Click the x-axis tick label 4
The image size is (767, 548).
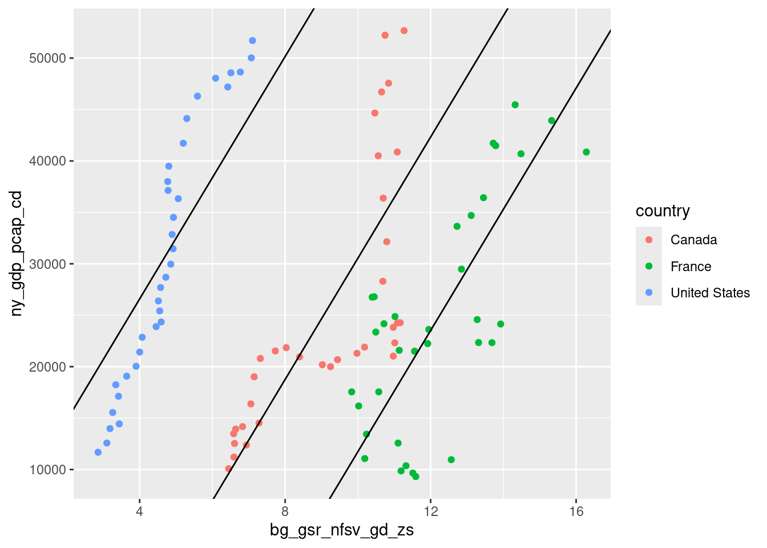point(140,511)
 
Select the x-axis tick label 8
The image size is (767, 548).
point(285,511)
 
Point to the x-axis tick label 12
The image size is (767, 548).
point(431,511)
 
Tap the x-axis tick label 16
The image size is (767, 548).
point(576,511)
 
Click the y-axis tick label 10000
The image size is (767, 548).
point(48,470)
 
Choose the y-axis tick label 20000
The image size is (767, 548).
point(48,367)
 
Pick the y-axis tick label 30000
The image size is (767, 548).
point(48,264)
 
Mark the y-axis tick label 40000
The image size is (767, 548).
point(48,162)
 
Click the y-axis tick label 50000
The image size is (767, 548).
point(48,59)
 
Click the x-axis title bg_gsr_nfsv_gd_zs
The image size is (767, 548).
point(342,531)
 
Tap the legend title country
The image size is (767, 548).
point(663,211)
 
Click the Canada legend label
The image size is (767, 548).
point(693,240)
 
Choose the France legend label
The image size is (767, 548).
point(691,267)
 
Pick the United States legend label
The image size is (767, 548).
point(710,293)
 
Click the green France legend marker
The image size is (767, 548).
point(649,267)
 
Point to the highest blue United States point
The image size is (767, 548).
point(252,41)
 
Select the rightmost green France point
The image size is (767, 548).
point(586,152)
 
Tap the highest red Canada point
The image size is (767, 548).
point(404,31)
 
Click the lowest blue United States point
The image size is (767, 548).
point(98,452)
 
